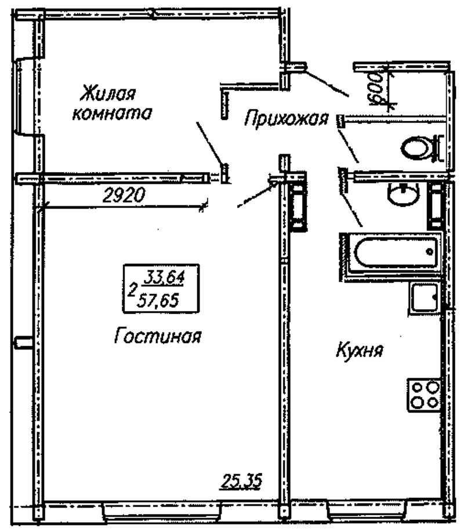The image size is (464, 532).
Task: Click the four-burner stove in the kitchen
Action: (x=424, y=394)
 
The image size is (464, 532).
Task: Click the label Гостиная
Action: (x=158, y=336)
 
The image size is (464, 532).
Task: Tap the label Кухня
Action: (x=360, y=351)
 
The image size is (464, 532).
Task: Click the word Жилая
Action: (x=108, y=93)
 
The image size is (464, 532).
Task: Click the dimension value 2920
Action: (x=122, y=196)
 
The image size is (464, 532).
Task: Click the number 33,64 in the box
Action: (x=164, y=276)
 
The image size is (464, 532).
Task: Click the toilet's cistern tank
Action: (x=437, y=148)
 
